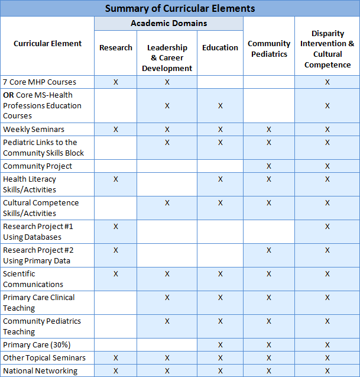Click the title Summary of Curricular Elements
(x=180, y=8)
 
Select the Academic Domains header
(x=168, y=24)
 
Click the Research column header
(x=116, y=47)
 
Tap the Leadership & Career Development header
(x=167, y=58)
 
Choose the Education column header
(x=220, y=47)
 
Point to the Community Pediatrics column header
(x=269, y=49)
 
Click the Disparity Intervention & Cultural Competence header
(x=327, y=49)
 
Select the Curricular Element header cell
(x=47, y=43)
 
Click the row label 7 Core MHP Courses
(x=40, y=82)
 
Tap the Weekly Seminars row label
(x=34, y=129)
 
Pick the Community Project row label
(x=38, y=166)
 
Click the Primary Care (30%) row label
(x=35, y=344)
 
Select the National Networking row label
(x=40, y=370)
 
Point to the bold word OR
(x=8, y=95)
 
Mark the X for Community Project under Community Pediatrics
(x=269, y=166)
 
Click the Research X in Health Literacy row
(x=116, y=179)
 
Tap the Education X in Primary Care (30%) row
(x=220, y=344)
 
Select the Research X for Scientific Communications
(x=116, y=273)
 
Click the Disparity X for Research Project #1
(x=327, y=226)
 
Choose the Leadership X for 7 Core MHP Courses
(x=167, y=82)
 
